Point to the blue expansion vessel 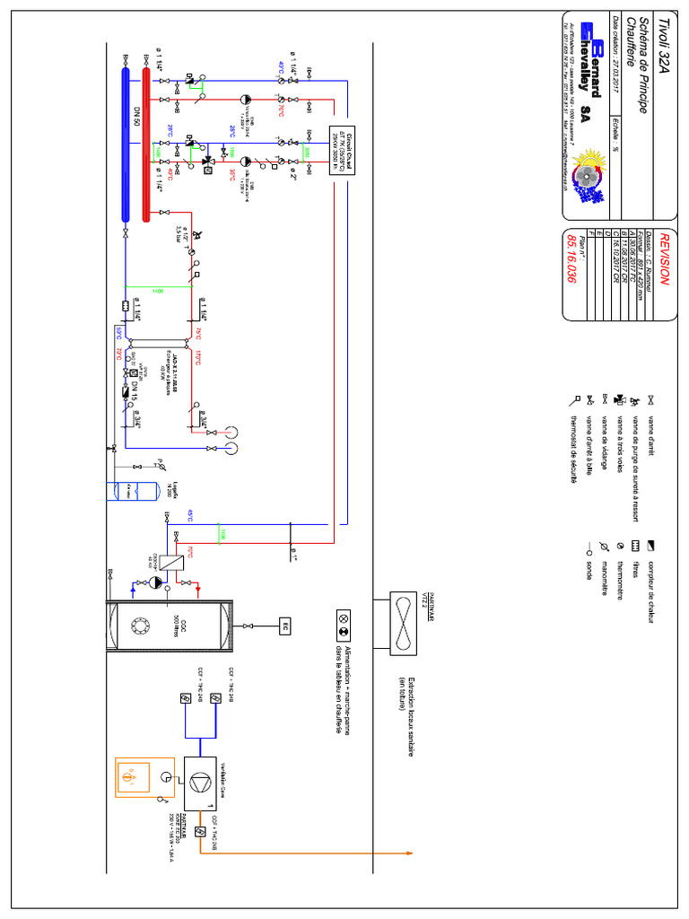click(126, 490)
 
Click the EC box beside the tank click(285, 625)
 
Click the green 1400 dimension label click(158, 291)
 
